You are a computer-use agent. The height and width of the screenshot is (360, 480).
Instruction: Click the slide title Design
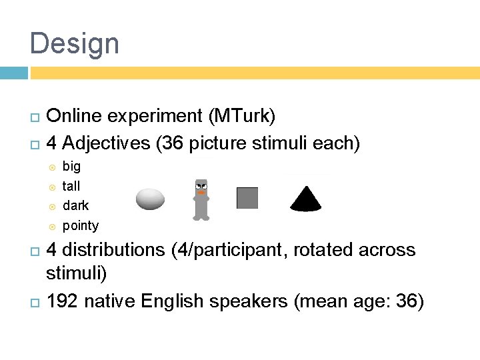click(75, 44)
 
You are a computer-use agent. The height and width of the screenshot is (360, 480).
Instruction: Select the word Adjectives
click(107, 143)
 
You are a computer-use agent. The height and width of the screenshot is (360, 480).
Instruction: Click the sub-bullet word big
click(71, 167)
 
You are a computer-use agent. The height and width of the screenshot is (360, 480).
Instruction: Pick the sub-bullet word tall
click(71, 186)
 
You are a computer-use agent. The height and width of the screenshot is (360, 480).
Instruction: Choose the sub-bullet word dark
click(75, 205)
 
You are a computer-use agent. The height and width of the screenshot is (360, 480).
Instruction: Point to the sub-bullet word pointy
click(80, 225)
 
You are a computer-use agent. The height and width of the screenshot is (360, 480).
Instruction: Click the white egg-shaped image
click(150, 199)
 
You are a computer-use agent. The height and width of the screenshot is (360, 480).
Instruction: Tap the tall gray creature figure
click(201, 199)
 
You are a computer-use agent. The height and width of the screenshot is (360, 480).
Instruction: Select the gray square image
click(247, 198)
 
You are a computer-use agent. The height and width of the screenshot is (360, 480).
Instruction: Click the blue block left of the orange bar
click(13, 73)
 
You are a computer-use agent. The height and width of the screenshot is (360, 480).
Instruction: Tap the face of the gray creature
click(201, 188)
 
